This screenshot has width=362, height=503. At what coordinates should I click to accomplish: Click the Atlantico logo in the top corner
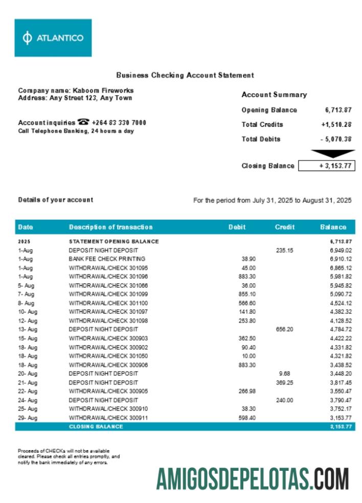pyautogui.click(x=53, y=38)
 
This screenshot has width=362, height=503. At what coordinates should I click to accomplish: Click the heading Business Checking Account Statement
pyautogui.click(x=185, y=75)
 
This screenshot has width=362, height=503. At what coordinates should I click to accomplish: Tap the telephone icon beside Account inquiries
pyautogui.click(x=83, y=122)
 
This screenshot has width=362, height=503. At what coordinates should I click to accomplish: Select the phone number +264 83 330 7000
pyautogui.click(x=119, y=123)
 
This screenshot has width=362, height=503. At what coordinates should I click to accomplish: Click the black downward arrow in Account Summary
pyautogui.click(x=333, y=153)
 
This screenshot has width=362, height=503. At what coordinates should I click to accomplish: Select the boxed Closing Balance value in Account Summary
pyautogui.click(x=326, y=166)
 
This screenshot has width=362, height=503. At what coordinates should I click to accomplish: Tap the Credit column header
pyautogui.click(x=284, y=227)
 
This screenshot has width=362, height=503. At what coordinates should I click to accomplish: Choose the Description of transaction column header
pyautogui.click(x=110, y=227)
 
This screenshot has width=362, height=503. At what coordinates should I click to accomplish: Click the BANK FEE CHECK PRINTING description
pyautogui.click(x=107, y=259)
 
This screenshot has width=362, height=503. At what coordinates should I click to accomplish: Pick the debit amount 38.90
pyautogui.click(x=248, y=259)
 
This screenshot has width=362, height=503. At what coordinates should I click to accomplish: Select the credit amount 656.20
pyautogui.click(x=284, y=329)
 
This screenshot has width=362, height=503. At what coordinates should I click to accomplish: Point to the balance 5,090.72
pyautogui.click(x=341, y=294)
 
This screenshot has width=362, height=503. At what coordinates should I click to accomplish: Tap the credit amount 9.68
pyautogui.click(x=285, y=374)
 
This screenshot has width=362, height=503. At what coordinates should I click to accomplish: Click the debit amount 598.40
pyautogui.click(x=247, y=418)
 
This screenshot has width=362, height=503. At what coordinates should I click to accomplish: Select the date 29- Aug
pyautogui.click(x=28, y=418)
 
